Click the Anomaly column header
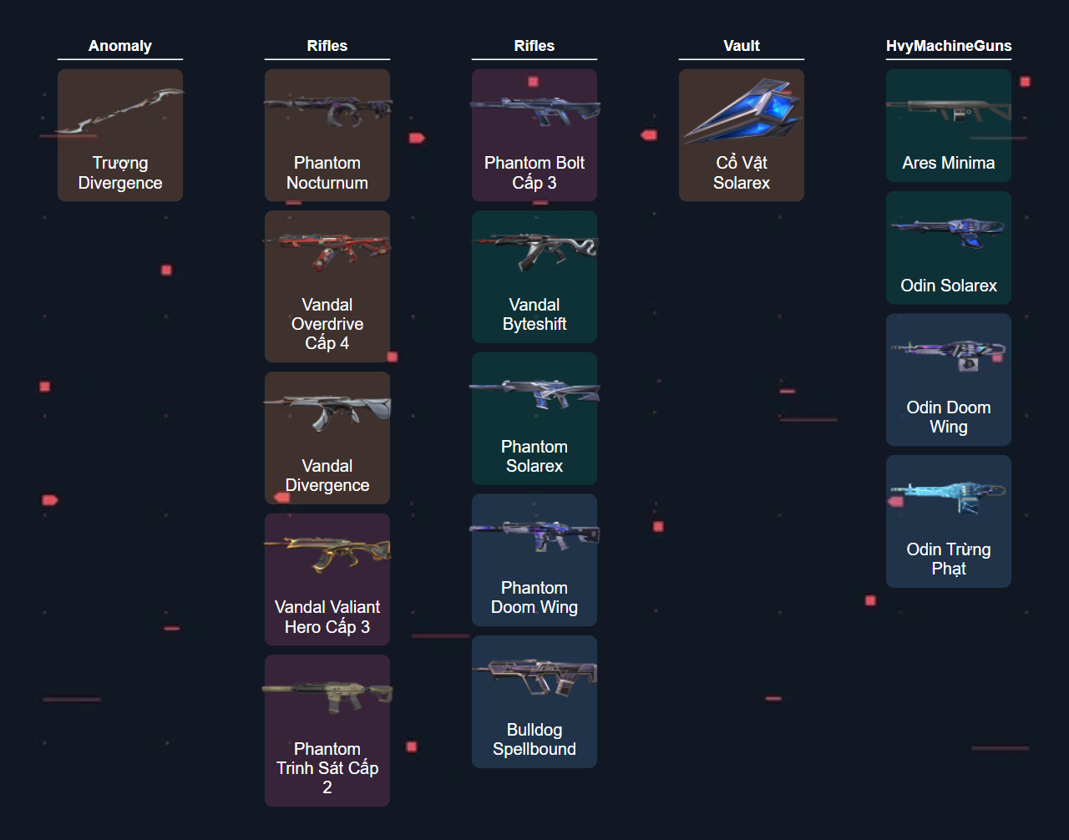tap(120, 46)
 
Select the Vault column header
tap(742, 46)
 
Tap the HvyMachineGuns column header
tap(949, 46)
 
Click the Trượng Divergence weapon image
tap(120, 111)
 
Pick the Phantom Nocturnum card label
tap(327, 173)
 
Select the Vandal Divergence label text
tap(327, 476)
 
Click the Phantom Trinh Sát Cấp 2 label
tap(327, 768)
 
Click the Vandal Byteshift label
tap(534, 315)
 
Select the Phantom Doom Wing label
tap(534, 598)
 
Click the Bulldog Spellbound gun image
tap(534, 676)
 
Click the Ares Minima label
tap(949, 164)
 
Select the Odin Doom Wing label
tap(949, 417)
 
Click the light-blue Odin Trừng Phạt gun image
tap(949, 497)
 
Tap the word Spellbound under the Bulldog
tap(534, 750)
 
